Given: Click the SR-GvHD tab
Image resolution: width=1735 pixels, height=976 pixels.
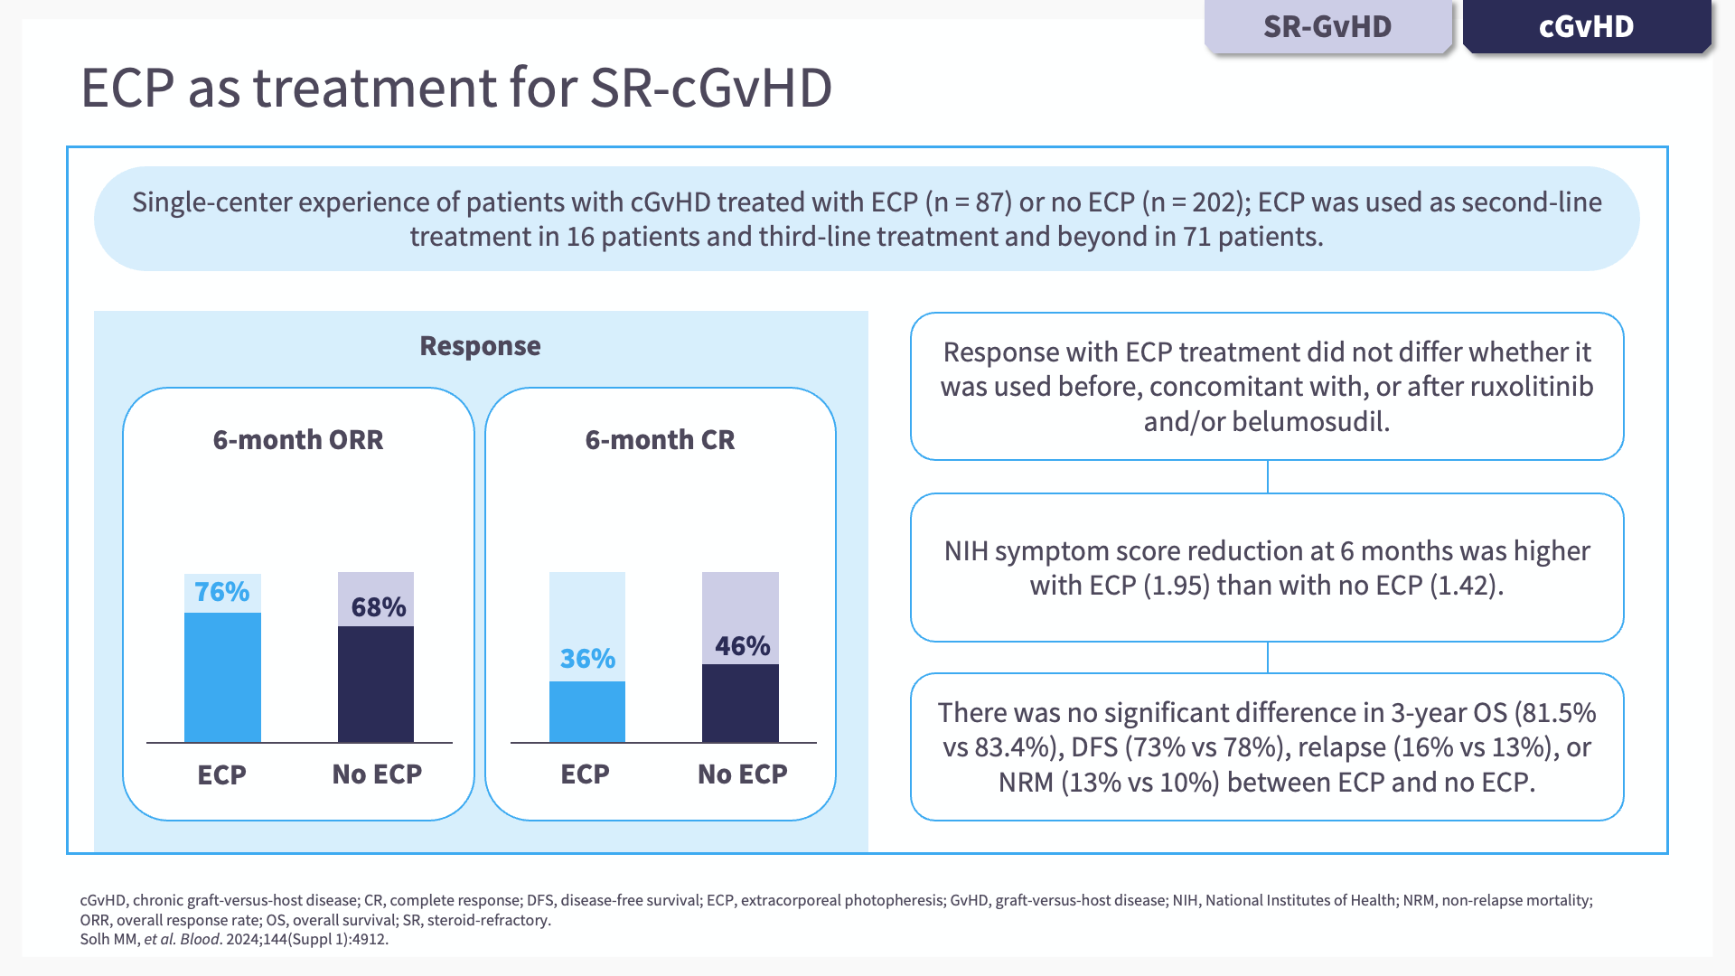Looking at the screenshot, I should (1327, 27).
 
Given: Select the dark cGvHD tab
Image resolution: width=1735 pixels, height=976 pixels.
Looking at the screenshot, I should (1586, 27).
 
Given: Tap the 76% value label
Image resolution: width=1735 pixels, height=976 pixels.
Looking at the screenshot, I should (221, 592).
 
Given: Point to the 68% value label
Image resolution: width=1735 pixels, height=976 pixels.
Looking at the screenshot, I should (378, 607).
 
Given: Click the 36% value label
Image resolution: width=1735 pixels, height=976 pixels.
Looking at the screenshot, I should (587, 659).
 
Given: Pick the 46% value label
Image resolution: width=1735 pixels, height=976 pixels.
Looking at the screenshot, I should (742, 646).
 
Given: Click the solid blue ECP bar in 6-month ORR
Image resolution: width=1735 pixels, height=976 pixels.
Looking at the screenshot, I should (222, 678).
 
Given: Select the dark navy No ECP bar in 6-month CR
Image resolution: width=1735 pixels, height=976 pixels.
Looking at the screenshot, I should (740, 703).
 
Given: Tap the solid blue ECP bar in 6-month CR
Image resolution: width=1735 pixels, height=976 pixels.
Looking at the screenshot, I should (587, 712).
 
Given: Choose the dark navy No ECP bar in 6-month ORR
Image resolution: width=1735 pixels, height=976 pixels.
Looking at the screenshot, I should (376, 684).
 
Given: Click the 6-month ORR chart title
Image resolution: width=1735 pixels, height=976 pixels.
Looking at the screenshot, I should (298, 440).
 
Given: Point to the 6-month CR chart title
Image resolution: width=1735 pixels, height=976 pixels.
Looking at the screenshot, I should (660, 440).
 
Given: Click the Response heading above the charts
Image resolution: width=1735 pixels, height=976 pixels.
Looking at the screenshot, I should (480, 346).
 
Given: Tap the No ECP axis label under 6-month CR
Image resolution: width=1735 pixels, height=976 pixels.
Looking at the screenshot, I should (742, 774).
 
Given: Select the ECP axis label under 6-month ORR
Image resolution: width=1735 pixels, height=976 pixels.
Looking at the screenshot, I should (221, 775).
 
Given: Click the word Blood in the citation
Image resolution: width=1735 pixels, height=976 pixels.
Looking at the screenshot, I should (199, 939).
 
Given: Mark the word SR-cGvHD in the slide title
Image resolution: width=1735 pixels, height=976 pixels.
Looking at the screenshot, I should (710, 88).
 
